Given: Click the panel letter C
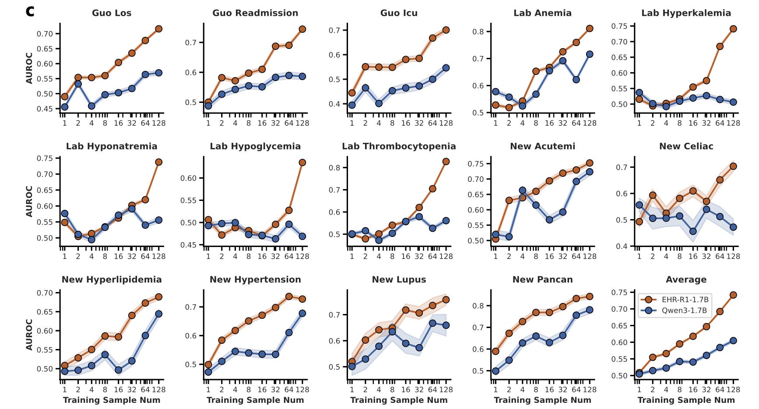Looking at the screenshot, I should coord(30,11).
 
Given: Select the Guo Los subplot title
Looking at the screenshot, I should coord(112,13).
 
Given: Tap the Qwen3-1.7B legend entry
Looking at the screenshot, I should coord(684,310).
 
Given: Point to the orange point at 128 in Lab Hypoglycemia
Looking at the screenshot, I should coord(302,162).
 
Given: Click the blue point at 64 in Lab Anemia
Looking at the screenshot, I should coord(576,80).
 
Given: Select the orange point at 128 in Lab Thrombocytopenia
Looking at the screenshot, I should coord(446,162).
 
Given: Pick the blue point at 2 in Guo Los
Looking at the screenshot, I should coord(78,84).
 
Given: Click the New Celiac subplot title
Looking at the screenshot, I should coord(686,146).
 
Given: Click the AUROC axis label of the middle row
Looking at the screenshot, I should coord(29,201).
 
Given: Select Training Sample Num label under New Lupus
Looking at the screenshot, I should coord(399,400).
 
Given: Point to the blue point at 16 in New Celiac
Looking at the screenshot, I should coord(693,231).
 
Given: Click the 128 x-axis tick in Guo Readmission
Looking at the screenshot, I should coord(302,123).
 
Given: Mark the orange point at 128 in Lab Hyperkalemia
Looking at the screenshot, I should coord(733,29).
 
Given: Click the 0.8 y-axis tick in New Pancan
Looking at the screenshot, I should coord(478,306).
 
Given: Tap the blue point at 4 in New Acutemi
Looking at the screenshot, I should coord(522,190).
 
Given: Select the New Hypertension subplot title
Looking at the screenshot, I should coord(255,279).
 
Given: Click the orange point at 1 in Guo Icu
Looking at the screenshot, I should coord(352,93).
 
